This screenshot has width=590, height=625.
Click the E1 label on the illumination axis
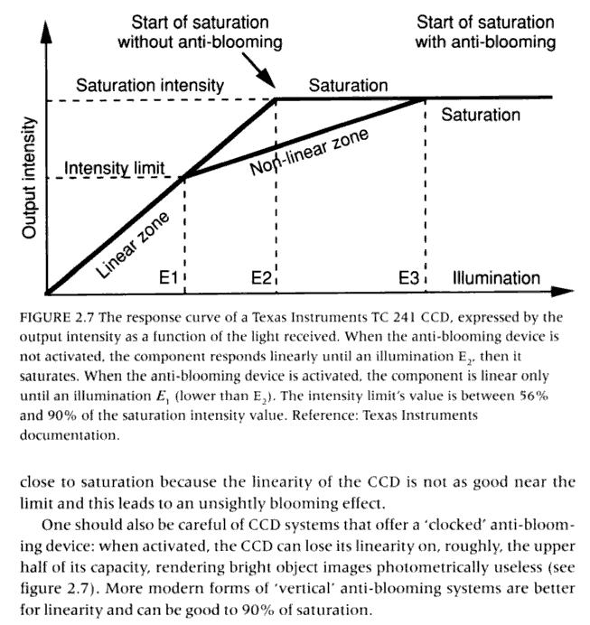tap(168, 277)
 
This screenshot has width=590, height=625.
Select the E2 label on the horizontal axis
tap(261, 277)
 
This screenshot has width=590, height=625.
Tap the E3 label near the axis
tap(408, 277)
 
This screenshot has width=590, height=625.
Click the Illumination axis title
tap(496, 278)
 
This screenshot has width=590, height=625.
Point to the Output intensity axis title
tap(29, 178)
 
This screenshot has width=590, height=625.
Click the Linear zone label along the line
tap(133, 245)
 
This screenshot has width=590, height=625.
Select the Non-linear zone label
tap(309, 152)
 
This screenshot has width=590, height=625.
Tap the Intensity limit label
tap(115, 168)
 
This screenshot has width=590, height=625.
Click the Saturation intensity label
tap(150, 85)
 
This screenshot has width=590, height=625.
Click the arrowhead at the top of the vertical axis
tap(47, 32)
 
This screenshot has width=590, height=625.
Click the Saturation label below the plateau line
tap(481, 115)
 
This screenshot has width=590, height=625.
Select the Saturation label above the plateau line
tap(348, 85)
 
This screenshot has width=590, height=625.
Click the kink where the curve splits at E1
tap(184, 177)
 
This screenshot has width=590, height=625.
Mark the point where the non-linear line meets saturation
tap(425, 98)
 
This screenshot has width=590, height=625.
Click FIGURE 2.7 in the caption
tap(57, 318)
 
